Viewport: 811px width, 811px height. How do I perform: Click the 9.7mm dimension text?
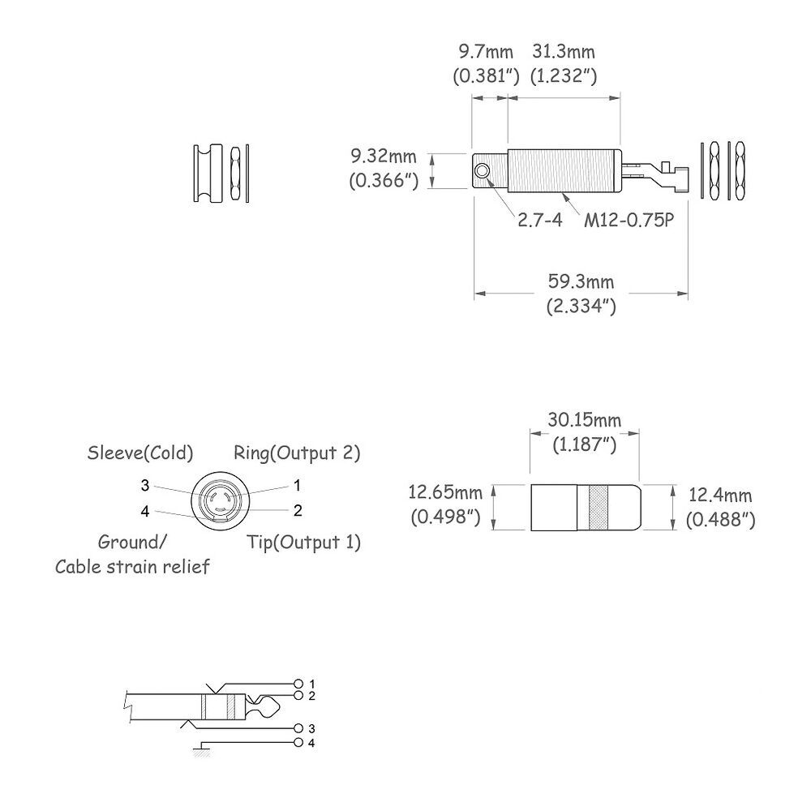486,52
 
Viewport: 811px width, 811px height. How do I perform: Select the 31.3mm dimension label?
564,52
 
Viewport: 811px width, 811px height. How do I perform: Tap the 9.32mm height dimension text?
384,157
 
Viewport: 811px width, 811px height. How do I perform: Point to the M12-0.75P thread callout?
629,221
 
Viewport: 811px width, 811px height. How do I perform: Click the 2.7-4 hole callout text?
539,221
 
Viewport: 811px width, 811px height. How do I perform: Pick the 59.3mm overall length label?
581,282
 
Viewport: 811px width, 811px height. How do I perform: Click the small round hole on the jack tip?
483,171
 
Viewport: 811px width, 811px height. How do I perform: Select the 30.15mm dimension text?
585,420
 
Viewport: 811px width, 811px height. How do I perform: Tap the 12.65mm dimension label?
445,492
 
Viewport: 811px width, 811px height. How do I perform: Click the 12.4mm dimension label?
720,496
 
